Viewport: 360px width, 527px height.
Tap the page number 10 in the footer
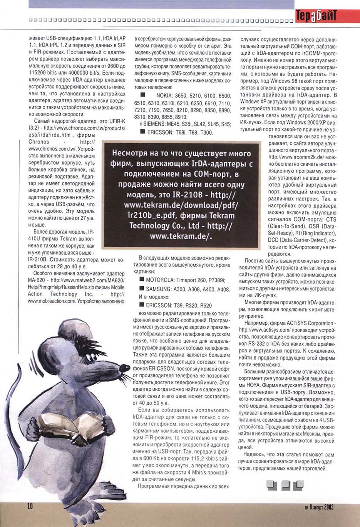tap(30, 506)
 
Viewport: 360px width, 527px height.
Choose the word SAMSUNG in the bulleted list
tap(159, 289)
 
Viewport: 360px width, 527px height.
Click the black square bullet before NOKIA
tap(143, 95)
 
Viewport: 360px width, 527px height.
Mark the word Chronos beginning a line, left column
tap(39, 142)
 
